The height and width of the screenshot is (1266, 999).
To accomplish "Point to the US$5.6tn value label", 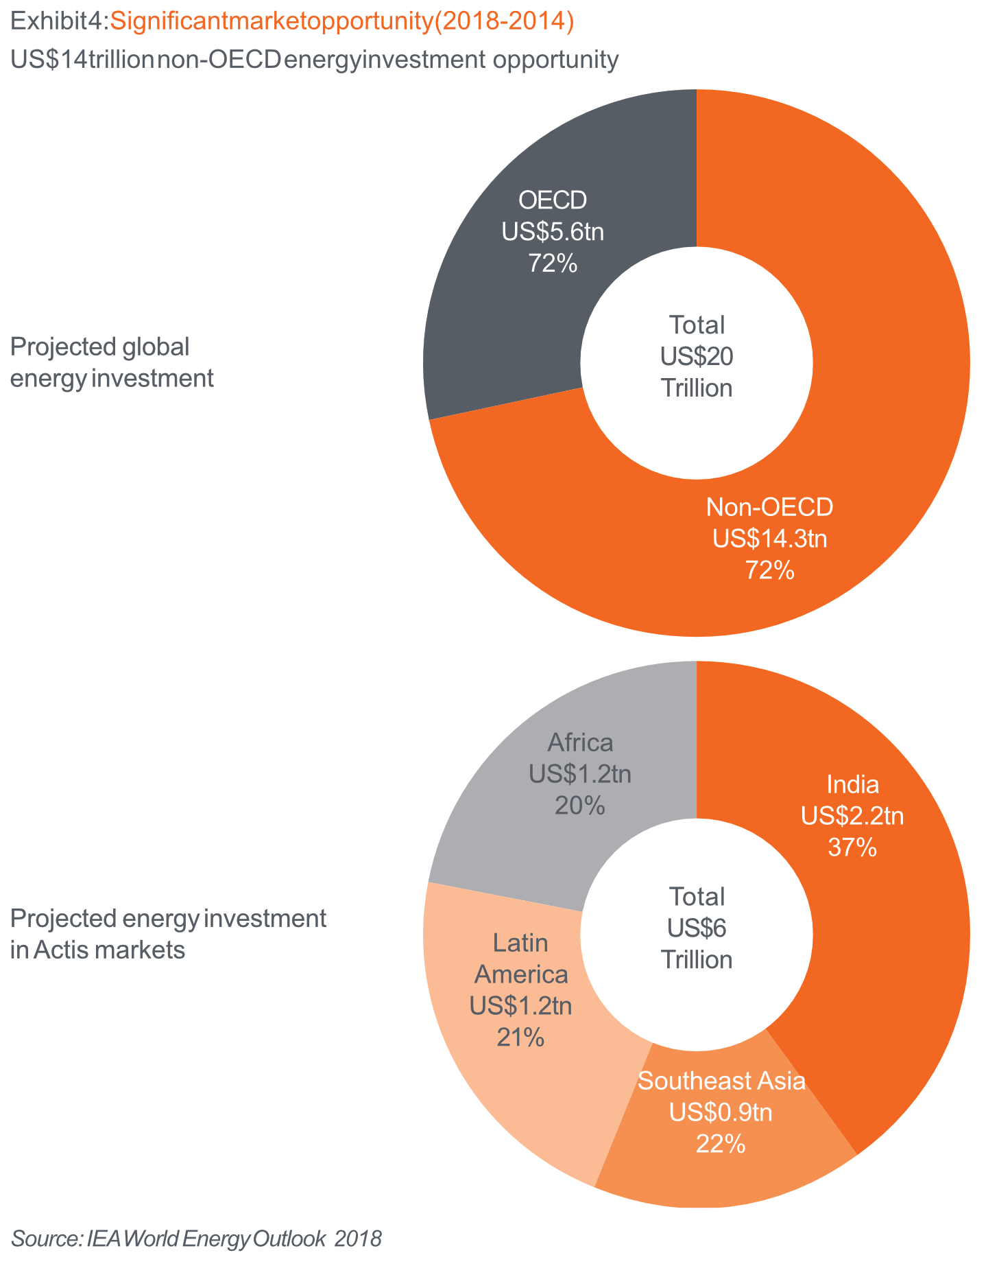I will [x=553, y=232].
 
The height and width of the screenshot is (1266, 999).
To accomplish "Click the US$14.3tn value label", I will [x=769, y=539].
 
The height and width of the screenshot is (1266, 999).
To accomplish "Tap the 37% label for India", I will [x=852, y=848].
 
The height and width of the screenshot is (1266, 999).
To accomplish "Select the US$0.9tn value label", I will [x=721, y=1112].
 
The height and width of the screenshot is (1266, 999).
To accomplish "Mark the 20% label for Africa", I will [x=579, y=806].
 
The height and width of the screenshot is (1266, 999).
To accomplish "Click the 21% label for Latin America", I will [x=520, y=1038].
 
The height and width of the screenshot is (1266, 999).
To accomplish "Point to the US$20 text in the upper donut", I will [x=697, y=356].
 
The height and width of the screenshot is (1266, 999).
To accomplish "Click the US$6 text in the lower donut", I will [x=697, y=928].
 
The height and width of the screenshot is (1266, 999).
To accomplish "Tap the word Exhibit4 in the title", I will [x=56, y=22].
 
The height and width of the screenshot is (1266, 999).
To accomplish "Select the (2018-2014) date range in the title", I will [x=505, y=22].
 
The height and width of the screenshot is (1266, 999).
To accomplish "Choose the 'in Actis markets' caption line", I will [x=98, y=950].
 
